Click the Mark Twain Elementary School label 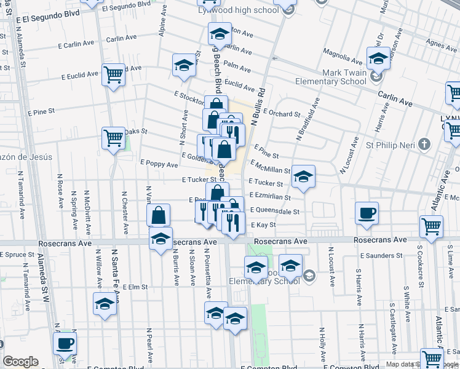pyautogui.click(x=331, y=77)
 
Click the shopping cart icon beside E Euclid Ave pyautogui.click(x=114, y=75)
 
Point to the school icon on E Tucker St pyautogui.click(x=303, y=177)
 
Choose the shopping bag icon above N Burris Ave pyautogui.click(x=158, y=215)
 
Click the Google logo pyautogui.click(x=21, y=362)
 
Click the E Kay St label pyautogui.click(x=263, y=225)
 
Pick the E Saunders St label pyautogui.click(x=379, y=255)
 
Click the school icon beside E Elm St pyautogui.click(x=104, y=304)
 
